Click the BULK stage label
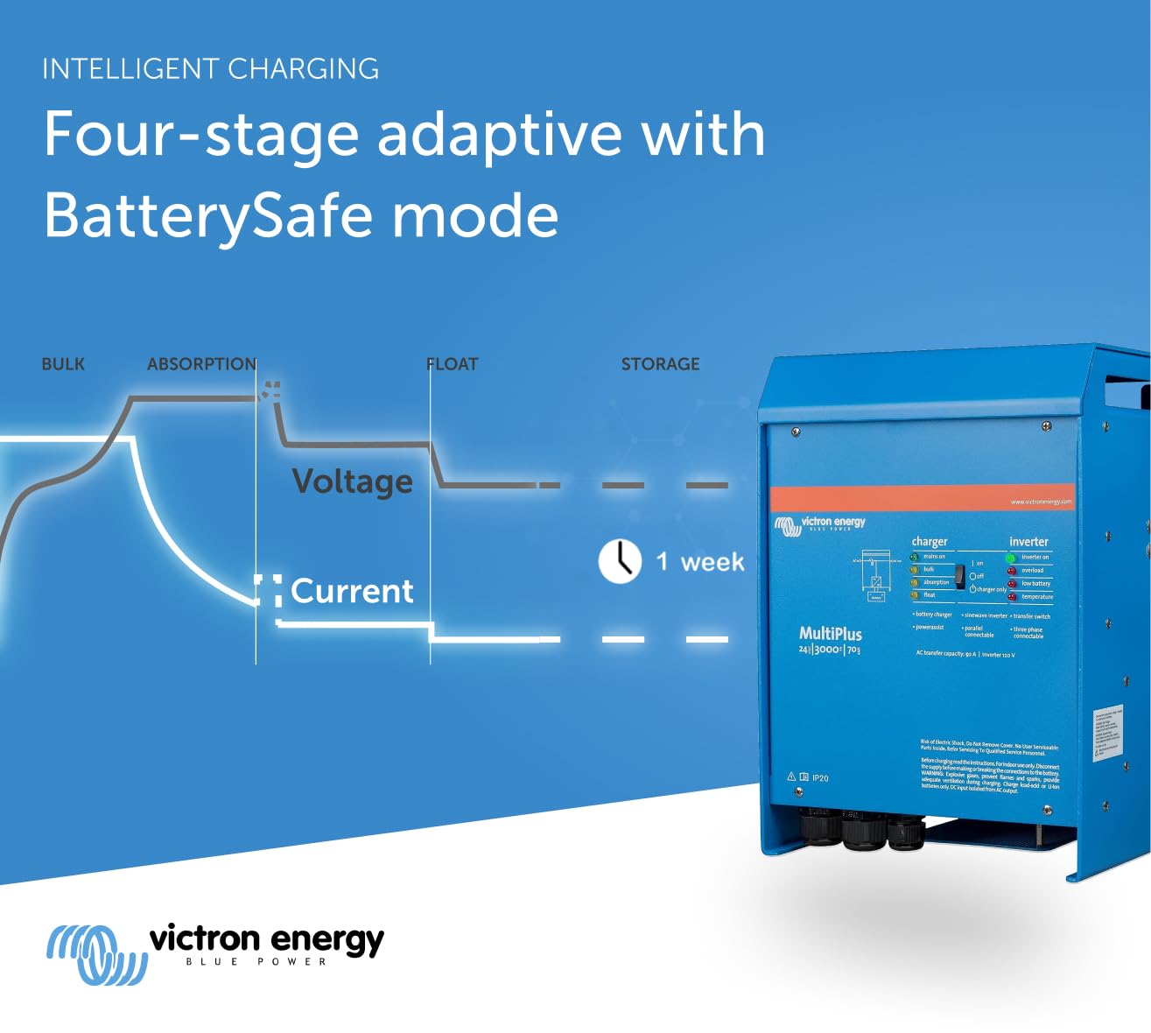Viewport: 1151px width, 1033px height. pyautogui.click(x=63, y=364)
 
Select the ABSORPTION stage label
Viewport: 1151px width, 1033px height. pyautogui.click(x=201, y=364)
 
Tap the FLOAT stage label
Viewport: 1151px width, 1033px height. pyautogui.click(x=453, y=364)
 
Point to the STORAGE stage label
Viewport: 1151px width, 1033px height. pyautogui.click(x=660, y=364)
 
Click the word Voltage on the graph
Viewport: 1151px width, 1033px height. pyautogui.click(x=352, y=481)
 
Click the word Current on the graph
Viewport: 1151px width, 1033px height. pyautogui.click(x=352, y=591)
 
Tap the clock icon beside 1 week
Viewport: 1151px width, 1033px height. pyautogui.click(x=620, y=561)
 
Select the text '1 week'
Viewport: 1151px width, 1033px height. pyautogui.click(x=700, y=562)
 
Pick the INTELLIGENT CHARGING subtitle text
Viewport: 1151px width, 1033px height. pyautogui.click(x=211, y=69)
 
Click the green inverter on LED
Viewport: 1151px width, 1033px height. pyautogui.click(x=1010, y=558)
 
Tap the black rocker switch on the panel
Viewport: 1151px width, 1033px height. pyautogui.click(x=959, y=575)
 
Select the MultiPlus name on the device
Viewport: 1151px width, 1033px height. pyautogui.click(x=830, y=634)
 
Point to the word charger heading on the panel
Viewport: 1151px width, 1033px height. pyautogui.click(x=929, y=542)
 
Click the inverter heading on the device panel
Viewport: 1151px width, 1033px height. pyautogui.click(x=1028, y=542)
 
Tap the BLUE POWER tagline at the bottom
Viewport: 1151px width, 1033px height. pyautogui.click(x=256, y=962)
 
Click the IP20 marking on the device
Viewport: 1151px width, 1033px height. pyautogui.click(x=819, y=777)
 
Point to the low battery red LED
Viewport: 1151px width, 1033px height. pyautogui.click(x=1012, y=583)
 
